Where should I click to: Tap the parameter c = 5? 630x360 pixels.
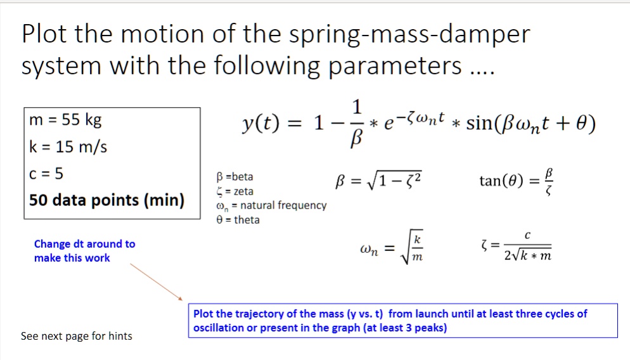click(47, 174)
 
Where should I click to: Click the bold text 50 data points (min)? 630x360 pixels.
click(106, 200)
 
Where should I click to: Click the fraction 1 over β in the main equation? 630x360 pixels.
click(357, 124)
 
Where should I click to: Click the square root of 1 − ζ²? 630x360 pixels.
click(397, 183)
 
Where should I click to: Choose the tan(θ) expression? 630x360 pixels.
click(499, 182)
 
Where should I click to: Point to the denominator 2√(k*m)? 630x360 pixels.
click(527, 256)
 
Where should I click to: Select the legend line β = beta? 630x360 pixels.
click(235, 177)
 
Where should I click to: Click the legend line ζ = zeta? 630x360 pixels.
click(235, 191)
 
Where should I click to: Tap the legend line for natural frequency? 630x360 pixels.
click(271, 205)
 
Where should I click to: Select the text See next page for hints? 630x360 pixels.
click(77, 336)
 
